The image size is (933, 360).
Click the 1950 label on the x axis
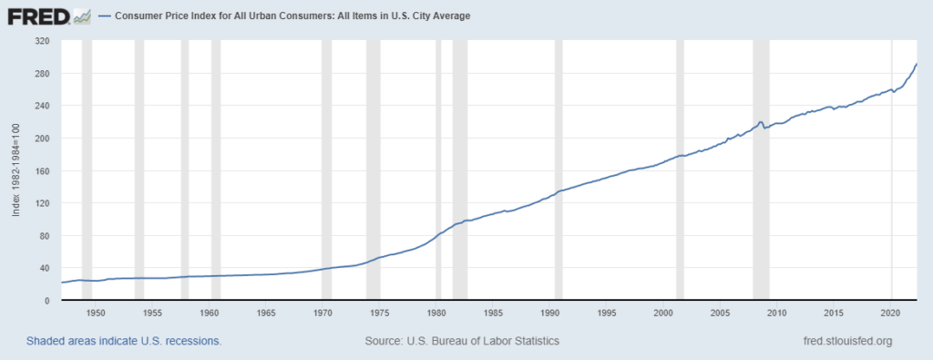click(x=96, y=313)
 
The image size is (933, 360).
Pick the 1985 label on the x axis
click(x=493, y=313)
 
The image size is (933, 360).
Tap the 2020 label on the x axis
click(x=890, y=313)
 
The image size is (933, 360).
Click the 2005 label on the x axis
click(x=720, y=313)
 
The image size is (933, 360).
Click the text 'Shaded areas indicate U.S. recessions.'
click(x=124, y=341)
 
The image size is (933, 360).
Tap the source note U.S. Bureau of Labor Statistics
click(x=462, y=341)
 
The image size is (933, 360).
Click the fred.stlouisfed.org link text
click(x=843, y=341)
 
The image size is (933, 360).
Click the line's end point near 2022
click(x=916, y=65)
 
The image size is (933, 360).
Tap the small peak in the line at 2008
click(x=760, y=121)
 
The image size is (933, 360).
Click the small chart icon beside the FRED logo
click(x=82, y=15)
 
